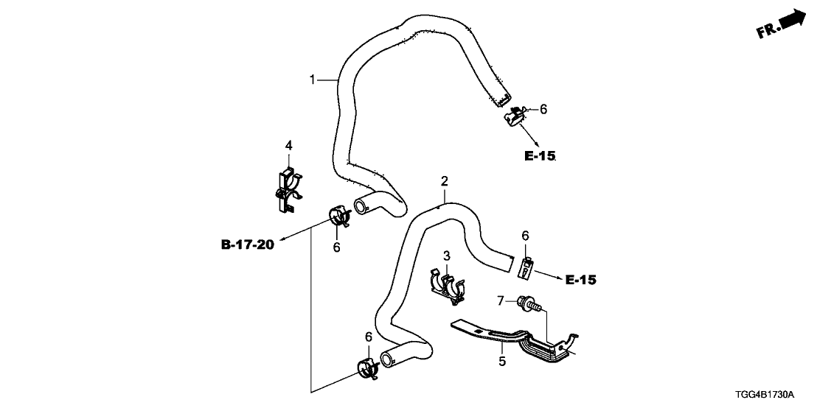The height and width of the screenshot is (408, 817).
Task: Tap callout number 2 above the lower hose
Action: click(444, 180)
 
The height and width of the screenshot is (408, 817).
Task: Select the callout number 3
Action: click(446, 255)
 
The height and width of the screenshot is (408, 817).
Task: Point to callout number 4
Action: click(289, 145)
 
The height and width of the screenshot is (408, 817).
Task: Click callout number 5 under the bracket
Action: click(501, 362)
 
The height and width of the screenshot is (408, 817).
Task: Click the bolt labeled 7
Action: click(529, 303)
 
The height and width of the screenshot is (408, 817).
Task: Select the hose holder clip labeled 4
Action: click(287, 189)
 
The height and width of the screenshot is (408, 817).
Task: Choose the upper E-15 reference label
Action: click(540, 156)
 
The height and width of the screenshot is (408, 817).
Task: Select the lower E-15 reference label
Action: click(580, 280)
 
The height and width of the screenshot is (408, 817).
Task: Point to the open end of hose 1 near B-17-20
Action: click(361, 205)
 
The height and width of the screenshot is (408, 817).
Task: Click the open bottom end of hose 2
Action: click(385, 360)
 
